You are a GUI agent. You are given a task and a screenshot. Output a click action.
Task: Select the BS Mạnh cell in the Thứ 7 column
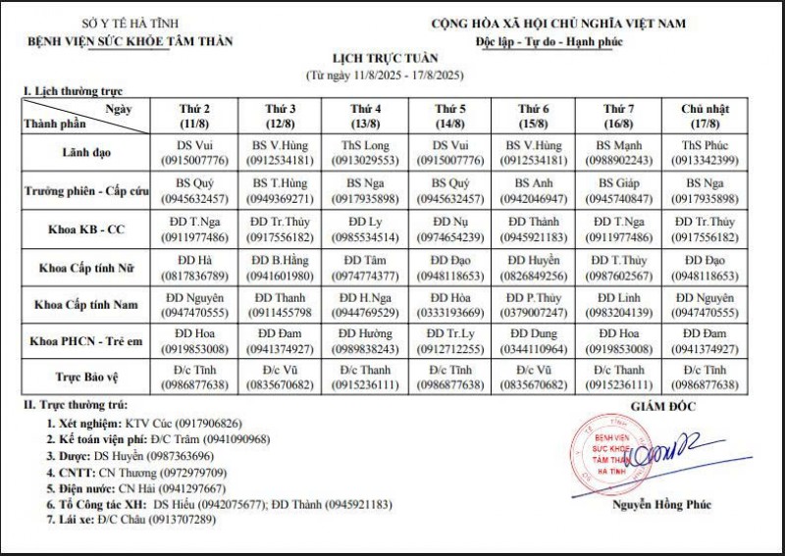click(x=618, y=152)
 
